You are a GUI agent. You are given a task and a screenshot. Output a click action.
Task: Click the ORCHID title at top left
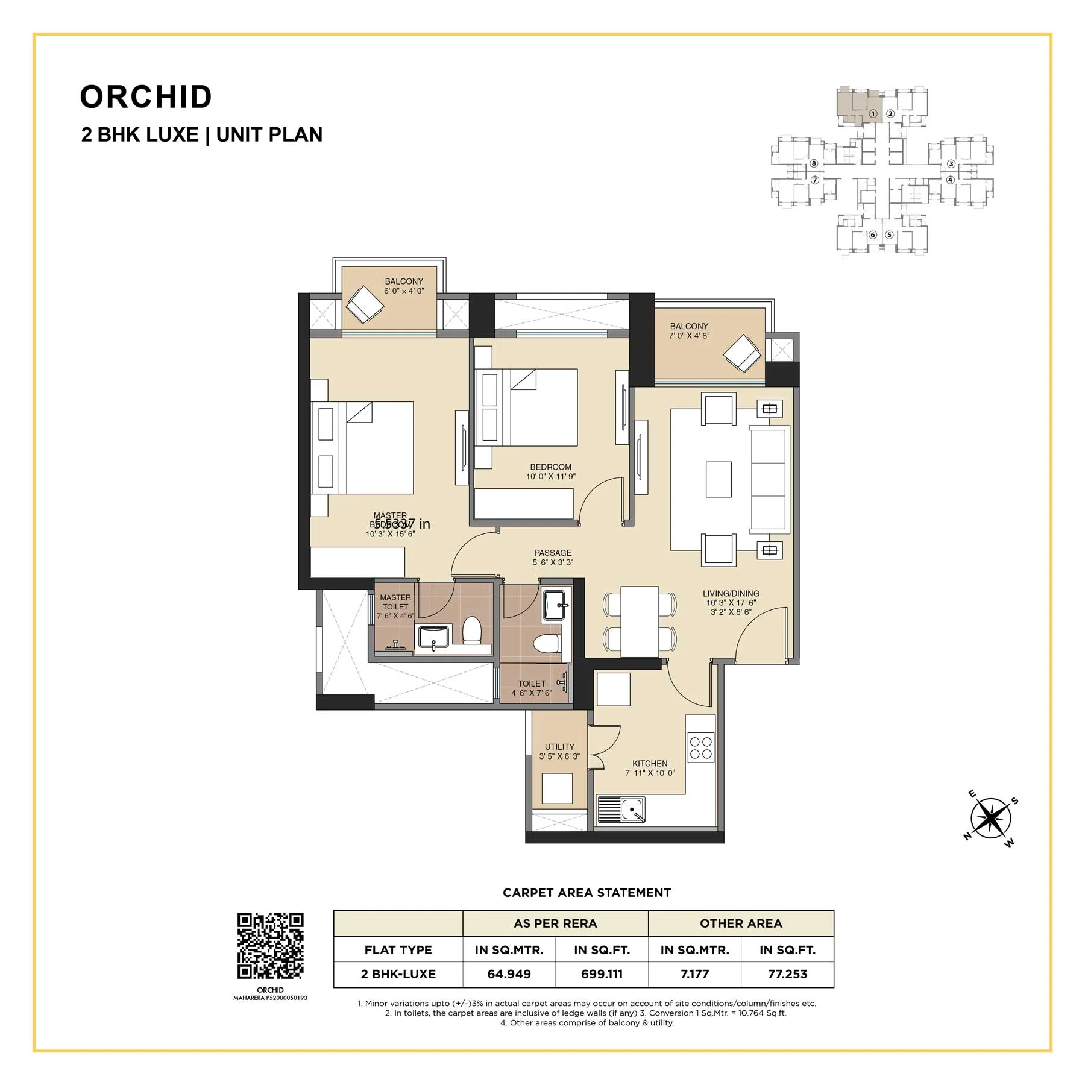point(146,97)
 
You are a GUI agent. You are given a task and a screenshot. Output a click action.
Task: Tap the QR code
point(270,945)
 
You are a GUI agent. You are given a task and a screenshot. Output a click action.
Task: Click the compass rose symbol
point(991,818)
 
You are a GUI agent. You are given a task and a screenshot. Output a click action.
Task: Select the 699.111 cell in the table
point(602,974)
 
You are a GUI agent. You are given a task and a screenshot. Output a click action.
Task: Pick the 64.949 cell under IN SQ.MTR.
point(509,974)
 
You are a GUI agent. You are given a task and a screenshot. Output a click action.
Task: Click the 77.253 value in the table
point(787,974)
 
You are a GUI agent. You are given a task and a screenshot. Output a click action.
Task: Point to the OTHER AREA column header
point(741,923)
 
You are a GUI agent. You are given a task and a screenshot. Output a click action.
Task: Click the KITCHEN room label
point(650,763)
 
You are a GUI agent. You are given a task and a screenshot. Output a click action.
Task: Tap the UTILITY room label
point(559,746)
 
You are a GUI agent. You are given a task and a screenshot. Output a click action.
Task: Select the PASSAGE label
point(553,553)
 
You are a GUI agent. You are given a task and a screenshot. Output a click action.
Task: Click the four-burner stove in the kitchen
point(701,747)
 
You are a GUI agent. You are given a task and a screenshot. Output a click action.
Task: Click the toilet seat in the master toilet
point(471,630)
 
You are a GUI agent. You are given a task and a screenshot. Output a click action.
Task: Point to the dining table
point(640,621)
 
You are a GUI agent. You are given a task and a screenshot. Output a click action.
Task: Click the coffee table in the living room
point(718,479)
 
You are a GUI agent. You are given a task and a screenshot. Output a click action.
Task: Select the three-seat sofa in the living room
point(769,479)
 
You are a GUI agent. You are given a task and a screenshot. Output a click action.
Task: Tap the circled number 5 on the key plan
point(889,235)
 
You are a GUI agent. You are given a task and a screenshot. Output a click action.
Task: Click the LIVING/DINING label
point(731,593)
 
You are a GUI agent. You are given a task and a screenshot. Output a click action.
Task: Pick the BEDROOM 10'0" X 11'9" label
point(550,467)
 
